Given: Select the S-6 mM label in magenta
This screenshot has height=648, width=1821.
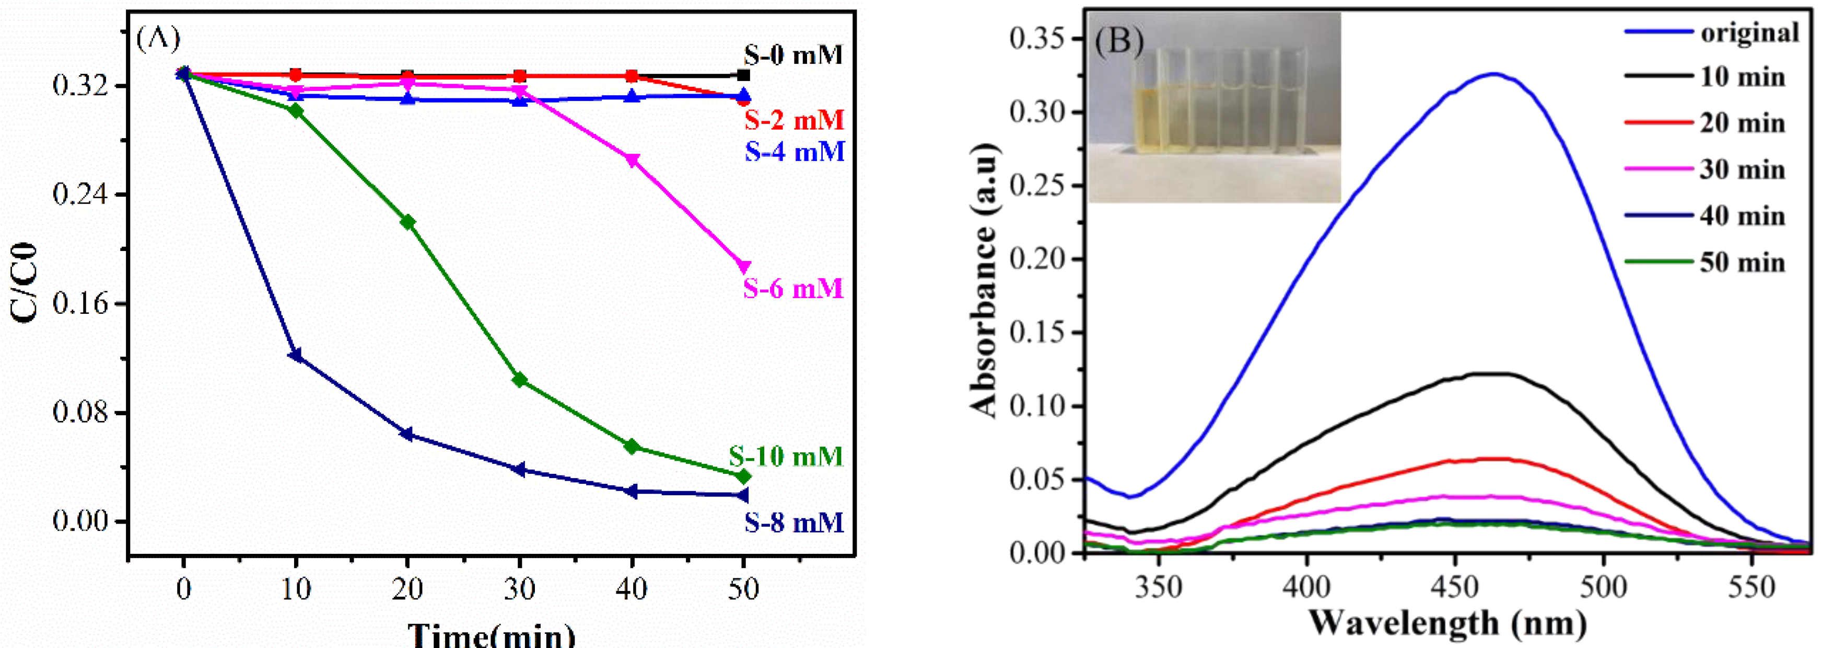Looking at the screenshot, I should pos(793,289).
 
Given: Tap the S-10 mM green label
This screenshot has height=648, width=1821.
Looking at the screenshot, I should pos(786,456).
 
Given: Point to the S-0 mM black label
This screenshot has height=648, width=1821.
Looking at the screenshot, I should pos(793,55).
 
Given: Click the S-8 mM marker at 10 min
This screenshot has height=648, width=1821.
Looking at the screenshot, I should pos(296,355).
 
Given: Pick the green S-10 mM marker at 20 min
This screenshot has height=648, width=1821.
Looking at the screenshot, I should pos(407,222).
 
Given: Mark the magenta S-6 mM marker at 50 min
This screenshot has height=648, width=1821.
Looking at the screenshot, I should pos(743,267).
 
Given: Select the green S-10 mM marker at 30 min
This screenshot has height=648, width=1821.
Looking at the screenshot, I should pos(520,380).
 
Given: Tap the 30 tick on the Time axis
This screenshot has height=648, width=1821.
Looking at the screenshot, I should pos(520,588).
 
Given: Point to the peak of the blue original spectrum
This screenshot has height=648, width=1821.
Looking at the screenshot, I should pos(1493,74).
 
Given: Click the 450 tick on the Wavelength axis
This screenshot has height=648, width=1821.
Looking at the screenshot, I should pos(1455,587).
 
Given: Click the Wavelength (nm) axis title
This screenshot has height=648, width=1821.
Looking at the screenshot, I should pos(1448,622).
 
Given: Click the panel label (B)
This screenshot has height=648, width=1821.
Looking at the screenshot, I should pos(1119,41).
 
